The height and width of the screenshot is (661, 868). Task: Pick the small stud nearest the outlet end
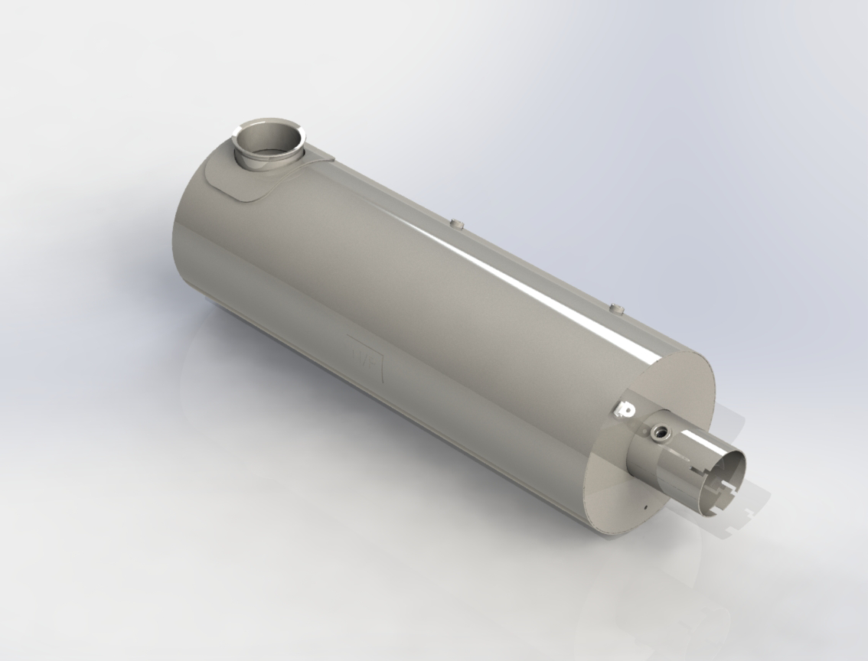coord(618,309)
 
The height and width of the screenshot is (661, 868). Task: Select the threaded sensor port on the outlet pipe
coord(658,435)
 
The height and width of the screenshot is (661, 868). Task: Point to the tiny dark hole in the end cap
coord(645,506)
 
